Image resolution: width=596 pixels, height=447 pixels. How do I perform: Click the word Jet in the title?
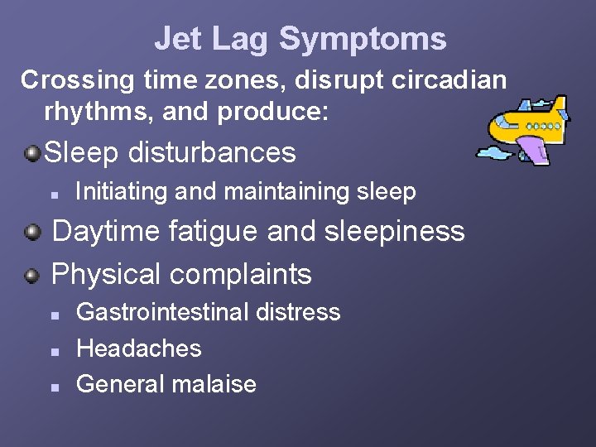tap(176, 39)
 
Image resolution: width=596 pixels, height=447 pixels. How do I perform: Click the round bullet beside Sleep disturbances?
tap(31, 152)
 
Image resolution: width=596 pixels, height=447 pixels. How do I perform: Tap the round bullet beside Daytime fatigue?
tap(31, 232)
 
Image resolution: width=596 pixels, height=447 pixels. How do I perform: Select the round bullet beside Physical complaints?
tap(31, 274)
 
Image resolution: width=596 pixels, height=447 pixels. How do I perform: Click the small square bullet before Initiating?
tap(52, 194)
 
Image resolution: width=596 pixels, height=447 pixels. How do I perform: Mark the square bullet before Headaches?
tap(52, 350)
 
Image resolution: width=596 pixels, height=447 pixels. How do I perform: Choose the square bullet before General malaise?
tap(52, 386)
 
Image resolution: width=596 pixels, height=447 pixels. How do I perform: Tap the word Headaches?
tap(138, 348)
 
